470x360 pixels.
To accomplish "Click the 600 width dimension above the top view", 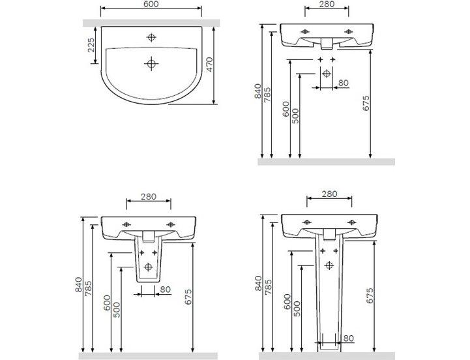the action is (x=151, y=4).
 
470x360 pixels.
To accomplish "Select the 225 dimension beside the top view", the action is (x=91, y=45).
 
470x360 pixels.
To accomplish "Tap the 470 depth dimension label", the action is (x=209, y=64).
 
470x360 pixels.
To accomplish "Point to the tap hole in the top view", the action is (x=151, y=37).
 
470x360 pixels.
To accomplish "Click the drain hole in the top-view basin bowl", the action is (x=151, y=64).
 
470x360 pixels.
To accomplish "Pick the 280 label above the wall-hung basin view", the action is (x=327, y=4).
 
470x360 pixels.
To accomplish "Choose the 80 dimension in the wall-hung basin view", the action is (x=344, y=82).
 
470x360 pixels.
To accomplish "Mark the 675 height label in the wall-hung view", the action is (x=366, y=103).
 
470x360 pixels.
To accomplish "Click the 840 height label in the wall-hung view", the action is (x=257, y=91).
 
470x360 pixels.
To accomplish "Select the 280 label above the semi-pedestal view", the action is (x=149, y=196).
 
